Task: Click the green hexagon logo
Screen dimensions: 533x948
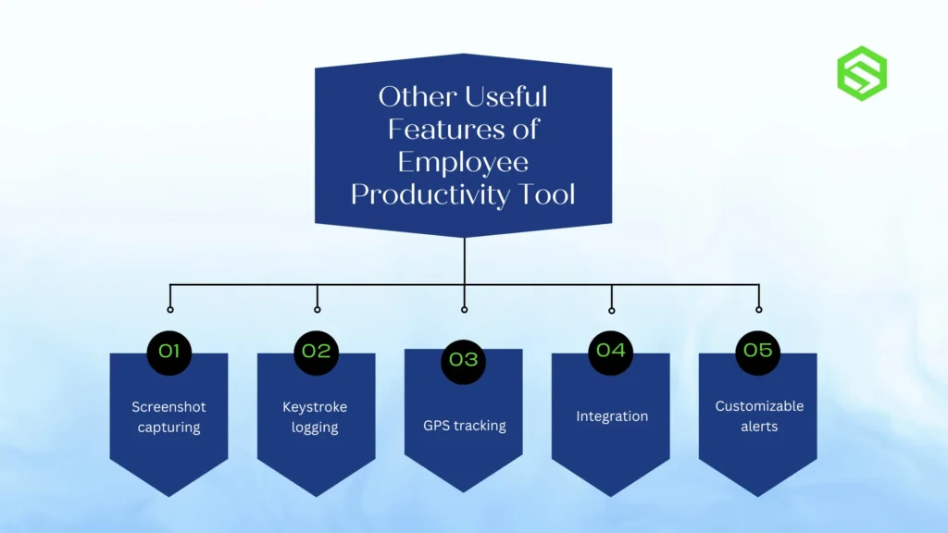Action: (x=862, y=73)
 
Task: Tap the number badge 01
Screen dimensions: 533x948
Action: (x=169, y=352)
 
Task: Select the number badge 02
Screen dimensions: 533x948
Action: (x=317, y=352)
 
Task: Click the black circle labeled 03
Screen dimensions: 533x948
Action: (x=464, y=358)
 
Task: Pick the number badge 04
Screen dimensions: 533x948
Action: (x=611, y=352)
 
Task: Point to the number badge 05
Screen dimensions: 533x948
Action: (x=758, y=352)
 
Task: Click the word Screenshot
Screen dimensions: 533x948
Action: (x=168, y=407)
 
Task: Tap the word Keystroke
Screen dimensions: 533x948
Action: (x=315, y=407)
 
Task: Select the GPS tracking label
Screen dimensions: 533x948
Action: (x=465, y=426)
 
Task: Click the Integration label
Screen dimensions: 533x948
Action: (x=612, y=416)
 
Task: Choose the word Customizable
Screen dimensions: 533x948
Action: (x=759, y=406)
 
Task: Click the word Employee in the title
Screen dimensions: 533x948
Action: (x=463, y=162)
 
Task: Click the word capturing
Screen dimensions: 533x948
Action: (x=168, y=428)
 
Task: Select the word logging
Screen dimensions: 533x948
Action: (x=315, y=428)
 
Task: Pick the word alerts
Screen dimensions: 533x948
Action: (x=759, y=427)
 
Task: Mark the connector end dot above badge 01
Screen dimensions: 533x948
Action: (x=169, y=309)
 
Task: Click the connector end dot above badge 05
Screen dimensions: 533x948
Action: (x=758, y=309)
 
